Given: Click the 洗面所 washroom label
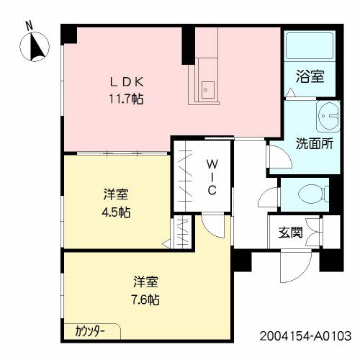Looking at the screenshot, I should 314,143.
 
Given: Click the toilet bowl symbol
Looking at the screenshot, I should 310,193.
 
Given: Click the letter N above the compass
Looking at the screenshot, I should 29,24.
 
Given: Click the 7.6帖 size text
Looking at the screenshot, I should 146,299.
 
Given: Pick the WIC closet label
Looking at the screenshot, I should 214,176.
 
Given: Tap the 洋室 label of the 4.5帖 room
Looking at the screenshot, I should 115,194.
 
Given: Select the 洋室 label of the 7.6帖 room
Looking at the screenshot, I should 146,282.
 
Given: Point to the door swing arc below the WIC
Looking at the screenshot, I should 213,225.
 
